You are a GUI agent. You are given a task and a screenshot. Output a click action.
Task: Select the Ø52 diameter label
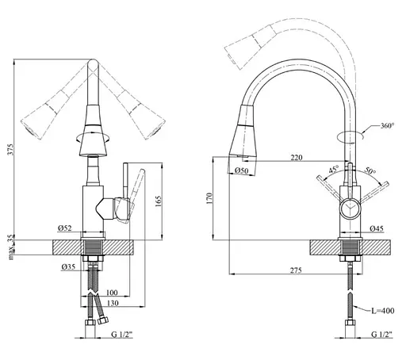[x=65, y=228]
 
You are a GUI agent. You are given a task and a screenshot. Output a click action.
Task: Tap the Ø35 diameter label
[x=68, y=267]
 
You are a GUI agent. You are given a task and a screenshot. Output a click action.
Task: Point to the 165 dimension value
[x=158, y=201]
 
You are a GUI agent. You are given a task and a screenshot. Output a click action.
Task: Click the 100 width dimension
[x=112, y=293]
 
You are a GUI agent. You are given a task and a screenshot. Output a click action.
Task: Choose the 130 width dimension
[x=113, y=303]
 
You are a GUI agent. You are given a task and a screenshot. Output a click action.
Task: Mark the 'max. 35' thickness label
[x=11, y=247]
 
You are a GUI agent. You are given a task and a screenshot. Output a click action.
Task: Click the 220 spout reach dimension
[x=297, y=158]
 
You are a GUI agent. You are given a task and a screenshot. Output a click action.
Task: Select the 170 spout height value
[x=209, y=198]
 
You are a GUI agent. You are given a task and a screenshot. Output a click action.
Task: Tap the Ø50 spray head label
[x=242, y=170]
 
